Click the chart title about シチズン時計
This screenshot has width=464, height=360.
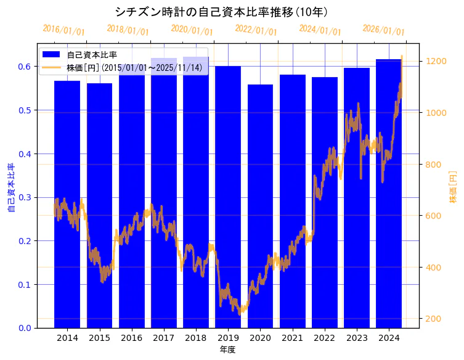(221, 12)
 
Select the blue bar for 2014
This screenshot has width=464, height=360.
(67, 203)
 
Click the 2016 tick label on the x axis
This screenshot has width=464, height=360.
(131, 338)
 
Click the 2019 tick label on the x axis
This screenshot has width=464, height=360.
(228, 338)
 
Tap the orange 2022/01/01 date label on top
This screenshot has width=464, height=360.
(256, 30)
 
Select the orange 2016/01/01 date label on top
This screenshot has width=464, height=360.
(63, 30)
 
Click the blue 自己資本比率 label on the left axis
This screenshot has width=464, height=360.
(11, 188)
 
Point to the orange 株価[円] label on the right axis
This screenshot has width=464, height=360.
(453, 188)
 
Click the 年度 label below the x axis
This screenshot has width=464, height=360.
(227, 350)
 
